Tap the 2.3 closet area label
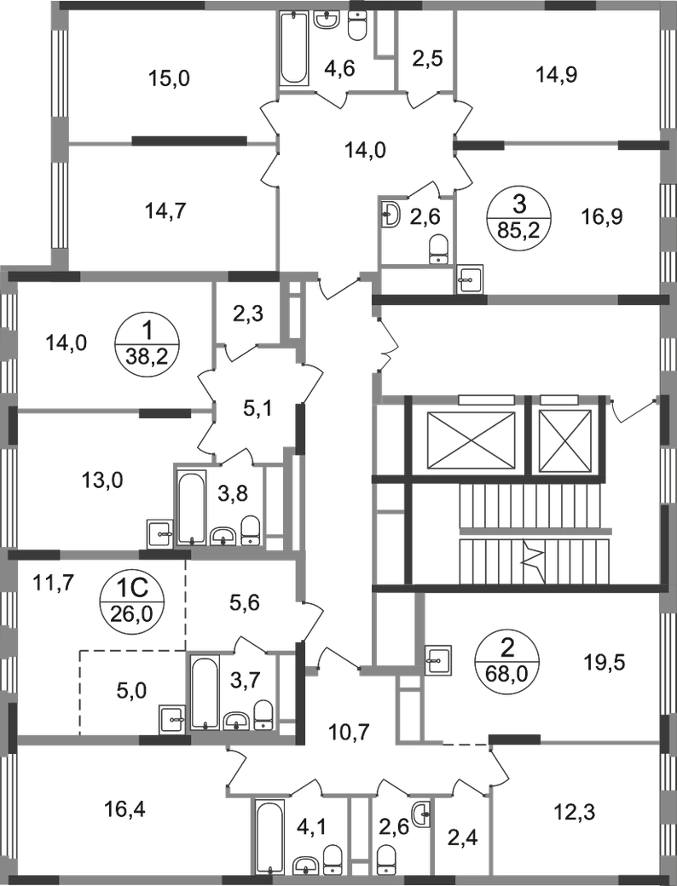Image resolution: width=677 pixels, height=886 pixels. [250, 313]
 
